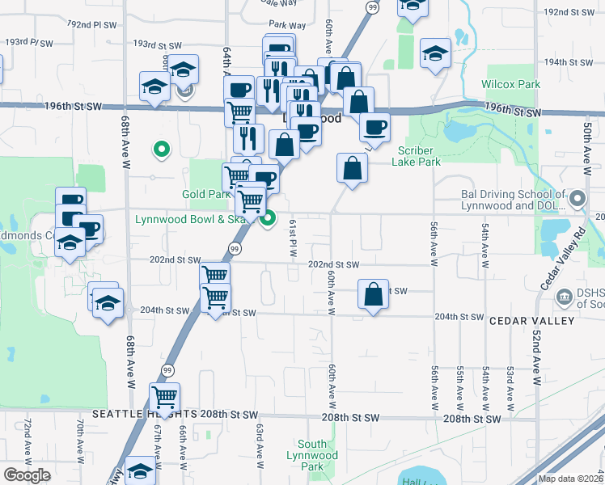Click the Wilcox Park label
pos(510,84)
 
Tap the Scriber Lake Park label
pos(416,156)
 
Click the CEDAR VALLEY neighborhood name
pos(531,321)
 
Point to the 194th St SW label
pos(565,61)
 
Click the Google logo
pos(27,475)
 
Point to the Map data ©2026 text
pos(570,478)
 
